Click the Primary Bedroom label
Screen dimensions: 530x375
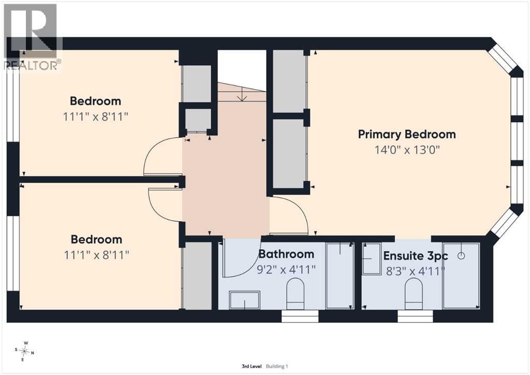407,134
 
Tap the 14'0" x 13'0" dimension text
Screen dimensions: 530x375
407,150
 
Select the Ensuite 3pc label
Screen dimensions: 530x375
416,256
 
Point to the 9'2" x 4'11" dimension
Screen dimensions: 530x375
286,269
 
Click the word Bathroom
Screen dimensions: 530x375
286,254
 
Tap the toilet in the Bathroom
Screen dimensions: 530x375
296,294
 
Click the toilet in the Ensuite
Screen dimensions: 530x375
414,294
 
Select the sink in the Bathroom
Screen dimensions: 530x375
244,300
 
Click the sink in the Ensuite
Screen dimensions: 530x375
372,258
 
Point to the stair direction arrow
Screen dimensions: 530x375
242,93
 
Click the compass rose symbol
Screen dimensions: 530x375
25,352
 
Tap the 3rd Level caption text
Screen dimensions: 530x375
252,366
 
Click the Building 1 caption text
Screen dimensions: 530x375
277,366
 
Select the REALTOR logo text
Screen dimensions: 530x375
33,65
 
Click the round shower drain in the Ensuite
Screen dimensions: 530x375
461,256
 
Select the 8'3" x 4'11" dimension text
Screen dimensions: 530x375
416,271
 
